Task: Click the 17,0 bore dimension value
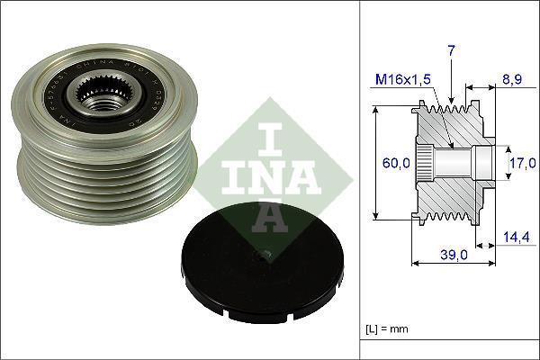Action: pyautogui.click(x=521, y=163)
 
